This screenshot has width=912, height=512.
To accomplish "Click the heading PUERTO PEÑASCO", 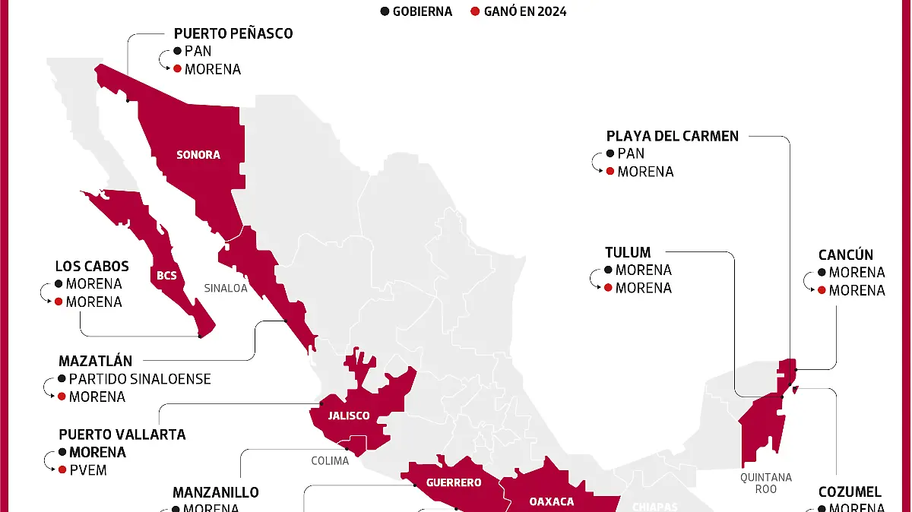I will click(233, 33).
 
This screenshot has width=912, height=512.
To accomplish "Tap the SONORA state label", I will click(198, 155).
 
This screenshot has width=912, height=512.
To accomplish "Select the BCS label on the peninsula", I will click(166, 275).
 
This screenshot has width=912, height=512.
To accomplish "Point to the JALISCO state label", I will click(349, 416).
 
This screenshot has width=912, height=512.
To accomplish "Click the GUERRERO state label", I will click(454, 482).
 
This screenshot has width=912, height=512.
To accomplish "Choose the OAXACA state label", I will click(551, 501).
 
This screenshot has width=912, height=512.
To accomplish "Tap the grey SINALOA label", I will click(226, 289).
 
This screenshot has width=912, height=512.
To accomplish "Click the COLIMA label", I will click(330, 461).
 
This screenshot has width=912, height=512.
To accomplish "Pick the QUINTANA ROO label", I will click(766, 483).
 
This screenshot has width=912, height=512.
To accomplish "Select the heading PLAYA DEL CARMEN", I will click(673, 136).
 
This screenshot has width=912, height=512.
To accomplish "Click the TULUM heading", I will click(628, 252).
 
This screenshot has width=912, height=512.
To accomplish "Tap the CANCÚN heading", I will click(846, 254).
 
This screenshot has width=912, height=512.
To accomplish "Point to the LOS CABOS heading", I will click(92, 267).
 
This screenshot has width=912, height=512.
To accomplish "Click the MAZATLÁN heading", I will click(96, 361).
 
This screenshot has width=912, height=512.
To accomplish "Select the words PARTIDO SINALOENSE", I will click(140, 378).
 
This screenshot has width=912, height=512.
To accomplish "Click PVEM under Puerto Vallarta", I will click(87, 470).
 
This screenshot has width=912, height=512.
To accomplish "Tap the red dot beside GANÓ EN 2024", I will click(475, 11).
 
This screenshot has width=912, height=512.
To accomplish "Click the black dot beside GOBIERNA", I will click(385, 11).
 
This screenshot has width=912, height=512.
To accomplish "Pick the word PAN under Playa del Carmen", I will click(631, 153).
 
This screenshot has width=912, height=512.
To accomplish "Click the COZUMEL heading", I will click(850, 492).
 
